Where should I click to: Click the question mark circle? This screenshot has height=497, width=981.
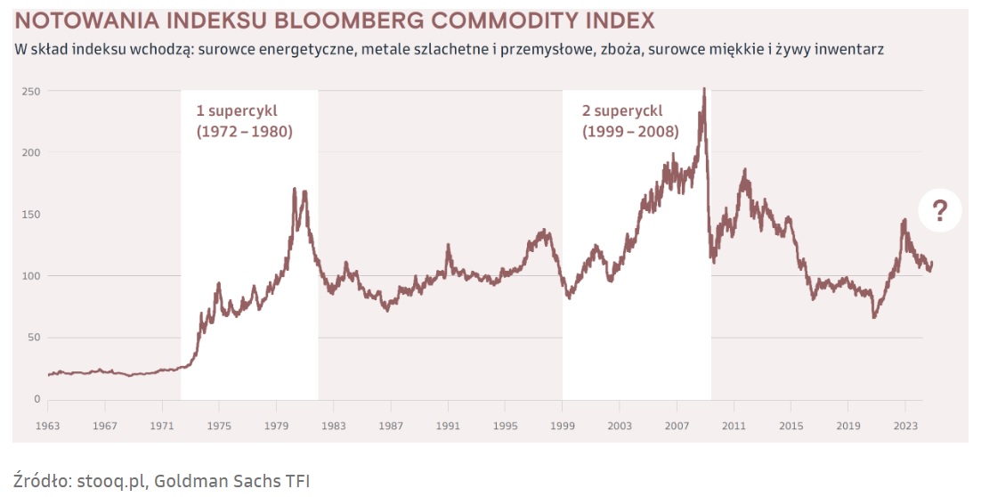[940, 211]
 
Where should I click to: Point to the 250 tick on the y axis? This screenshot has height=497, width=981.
[32, 91]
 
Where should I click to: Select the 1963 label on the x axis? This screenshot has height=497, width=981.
[48, 425]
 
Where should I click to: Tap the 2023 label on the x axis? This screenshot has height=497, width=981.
[905, 425]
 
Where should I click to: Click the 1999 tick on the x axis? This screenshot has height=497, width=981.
[563, 425]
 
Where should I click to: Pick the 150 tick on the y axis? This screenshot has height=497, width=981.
[32, 215]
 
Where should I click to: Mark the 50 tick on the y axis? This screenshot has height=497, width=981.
[35, 338]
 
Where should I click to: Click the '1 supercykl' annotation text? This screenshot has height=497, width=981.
[237, 111]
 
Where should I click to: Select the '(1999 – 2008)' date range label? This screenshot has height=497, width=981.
[630, 132]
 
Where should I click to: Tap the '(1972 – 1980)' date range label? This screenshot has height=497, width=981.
[244, 132]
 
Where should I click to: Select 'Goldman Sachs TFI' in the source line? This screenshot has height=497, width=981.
[231, 481]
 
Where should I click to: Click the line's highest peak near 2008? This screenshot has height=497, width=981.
[704, 89]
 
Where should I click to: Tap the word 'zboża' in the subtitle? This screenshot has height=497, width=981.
[622, 49]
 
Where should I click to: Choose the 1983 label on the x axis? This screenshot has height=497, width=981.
[334, 425]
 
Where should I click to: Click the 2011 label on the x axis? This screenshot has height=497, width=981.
[734, 425]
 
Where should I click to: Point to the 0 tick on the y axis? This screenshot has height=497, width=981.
[37, 399]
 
